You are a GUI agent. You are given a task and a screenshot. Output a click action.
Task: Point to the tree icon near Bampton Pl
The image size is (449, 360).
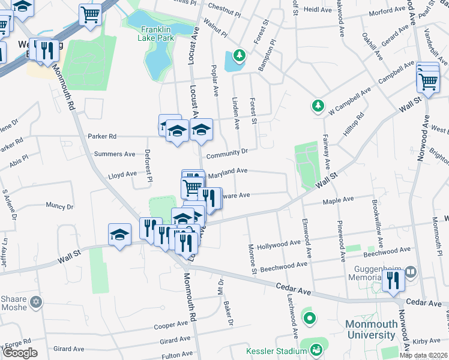click(x=240, y=56)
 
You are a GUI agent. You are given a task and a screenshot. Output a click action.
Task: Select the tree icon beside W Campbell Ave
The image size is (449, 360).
click(x=317, y=106)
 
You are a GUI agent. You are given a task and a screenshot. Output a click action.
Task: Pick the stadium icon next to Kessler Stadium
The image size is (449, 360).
click(x=315, y=349)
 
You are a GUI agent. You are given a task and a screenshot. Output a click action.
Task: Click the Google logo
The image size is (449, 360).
click(x=20, y=353)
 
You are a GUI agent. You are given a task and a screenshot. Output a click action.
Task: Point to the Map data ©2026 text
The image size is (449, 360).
click(x=423, y=355)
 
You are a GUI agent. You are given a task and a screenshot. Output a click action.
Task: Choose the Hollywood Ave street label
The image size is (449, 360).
click(x=279, y=245)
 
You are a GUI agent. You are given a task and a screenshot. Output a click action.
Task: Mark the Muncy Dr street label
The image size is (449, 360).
click(x=59, y=206)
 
